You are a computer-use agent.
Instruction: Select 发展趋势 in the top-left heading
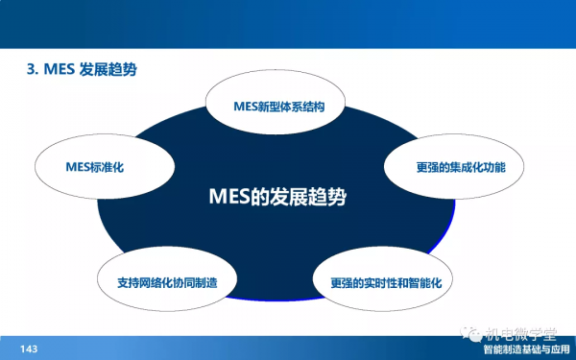pos(114,70)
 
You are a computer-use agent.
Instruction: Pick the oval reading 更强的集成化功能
pos(455,167)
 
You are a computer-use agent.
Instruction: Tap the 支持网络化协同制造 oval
pos(167,283)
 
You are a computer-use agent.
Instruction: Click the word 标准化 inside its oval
pos(108,167)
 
